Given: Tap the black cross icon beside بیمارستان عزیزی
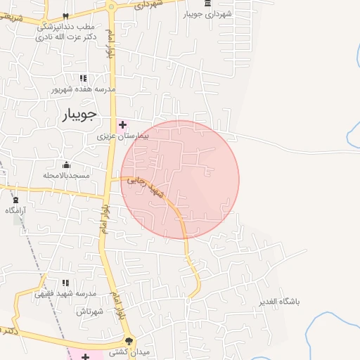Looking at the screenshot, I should [122, 124].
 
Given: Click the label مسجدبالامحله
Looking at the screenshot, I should [65, 175].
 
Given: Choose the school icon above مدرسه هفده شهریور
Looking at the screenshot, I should [82, 78].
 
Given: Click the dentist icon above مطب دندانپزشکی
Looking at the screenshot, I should [65, 15].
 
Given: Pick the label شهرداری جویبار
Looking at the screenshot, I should [208, 13].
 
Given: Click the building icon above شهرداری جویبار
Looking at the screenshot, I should [207, 4].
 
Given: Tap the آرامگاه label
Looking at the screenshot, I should [15, 210].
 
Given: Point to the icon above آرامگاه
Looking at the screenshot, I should [15, 200].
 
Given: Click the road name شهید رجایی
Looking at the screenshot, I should [157, 192].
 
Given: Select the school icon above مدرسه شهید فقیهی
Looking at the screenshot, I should [65, 283].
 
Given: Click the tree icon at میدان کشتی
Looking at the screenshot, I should [129, 340].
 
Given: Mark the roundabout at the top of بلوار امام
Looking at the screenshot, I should [112, 7].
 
